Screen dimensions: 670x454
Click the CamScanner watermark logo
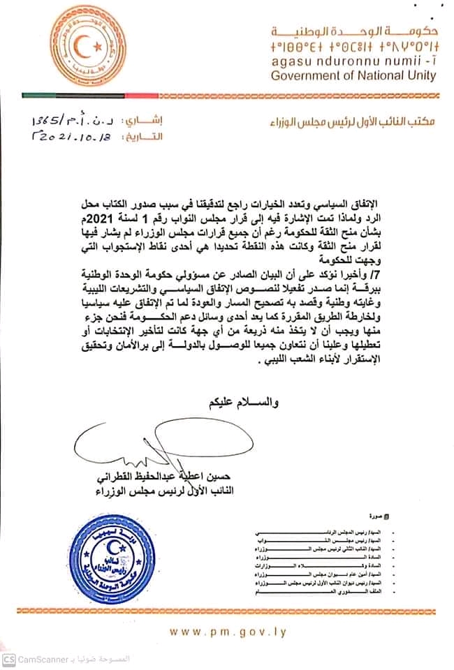click(9, 659)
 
